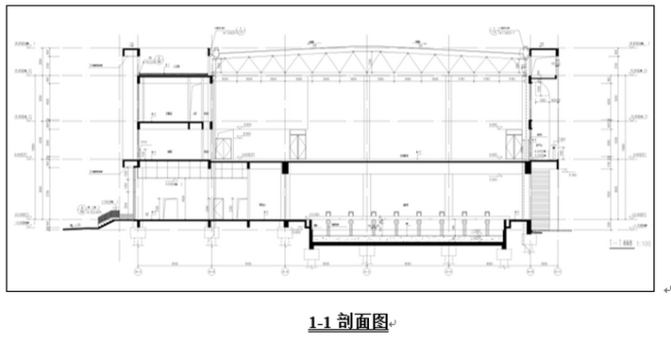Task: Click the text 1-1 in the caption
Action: [x=319, y=324]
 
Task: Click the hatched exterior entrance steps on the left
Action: [x=109, y=215]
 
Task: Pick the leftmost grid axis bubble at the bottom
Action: [x=137, y=272]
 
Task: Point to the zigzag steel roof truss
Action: [x=371, y=64]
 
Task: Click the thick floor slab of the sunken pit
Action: [x=406, y=244]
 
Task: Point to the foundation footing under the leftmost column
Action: [x=137, y=236]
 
